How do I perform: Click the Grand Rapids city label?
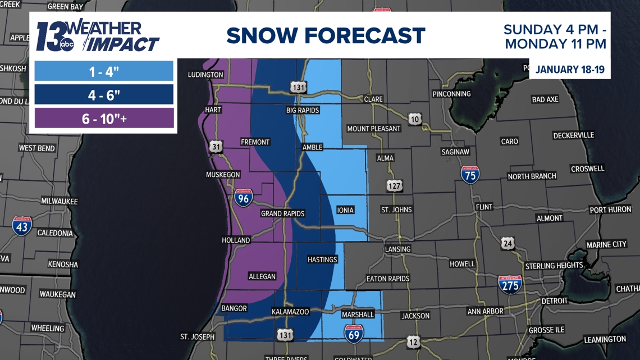pyautogui.click(x=282, y=214)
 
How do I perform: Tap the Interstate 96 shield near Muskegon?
pyautogui.click(x=243, y=197)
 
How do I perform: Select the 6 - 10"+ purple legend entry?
pyautogui.click(x=104, y=119)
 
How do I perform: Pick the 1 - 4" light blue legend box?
pyautogui.click(x=104, y=71)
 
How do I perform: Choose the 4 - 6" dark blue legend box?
pyautogui.click(x=104, y=95)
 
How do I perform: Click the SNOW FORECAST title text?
pyautogui.click(x=326, y=36)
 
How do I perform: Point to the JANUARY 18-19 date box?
pyautogui.click(x=569, y=70)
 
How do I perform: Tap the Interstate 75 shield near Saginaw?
pyautogui.click(x=470, y=175)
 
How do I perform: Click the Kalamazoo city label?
pyautogui.click(x=290, y=312)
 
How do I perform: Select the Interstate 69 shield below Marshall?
pyautogui.click(x=353, y=333)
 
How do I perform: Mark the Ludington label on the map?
pyautogui.click(x=205, y=75)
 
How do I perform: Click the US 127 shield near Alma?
pyautogui.click(x=395, y=185)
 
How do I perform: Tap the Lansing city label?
pyautogui.click(x=397, y=249)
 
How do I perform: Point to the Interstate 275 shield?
pyautogui.click(x=510, y=284)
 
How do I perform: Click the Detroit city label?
pyautogui.click(x=555, y=301)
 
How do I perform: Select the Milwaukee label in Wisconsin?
pyautogui.click(x=60, y=201)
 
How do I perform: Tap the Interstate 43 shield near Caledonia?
pyautogui.click(x=22, y=226)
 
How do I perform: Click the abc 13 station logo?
pyautogui.click(x=54, y=37)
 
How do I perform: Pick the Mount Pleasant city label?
pyautogui.click(x=374, y=129)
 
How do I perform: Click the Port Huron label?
pyautogui.click(x=610, y=210)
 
